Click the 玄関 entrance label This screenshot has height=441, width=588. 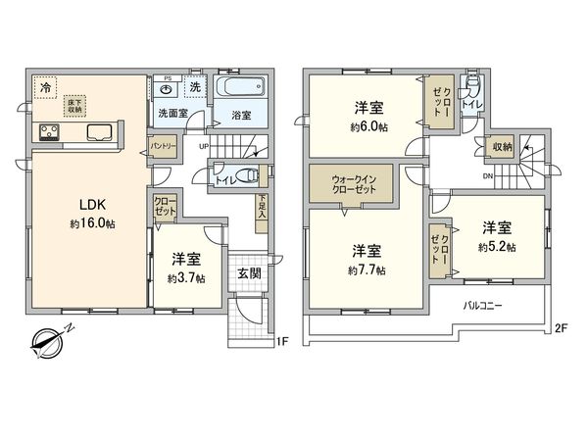[x=249, y=274]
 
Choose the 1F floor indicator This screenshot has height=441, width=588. [x=281, y=341]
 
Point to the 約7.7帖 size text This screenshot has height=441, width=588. [x=367, y=269]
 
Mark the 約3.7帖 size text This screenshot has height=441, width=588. [x=186, y=279]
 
